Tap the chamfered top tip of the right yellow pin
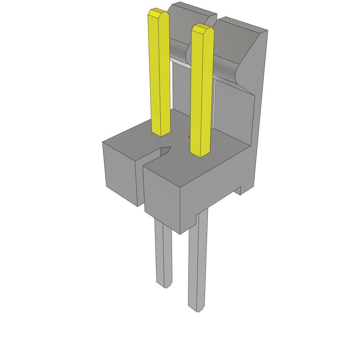(202, 28)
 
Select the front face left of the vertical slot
(120, 172)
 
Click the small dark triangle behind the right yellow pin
(190, 136)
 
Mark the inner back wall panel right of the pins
(234, 112)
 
